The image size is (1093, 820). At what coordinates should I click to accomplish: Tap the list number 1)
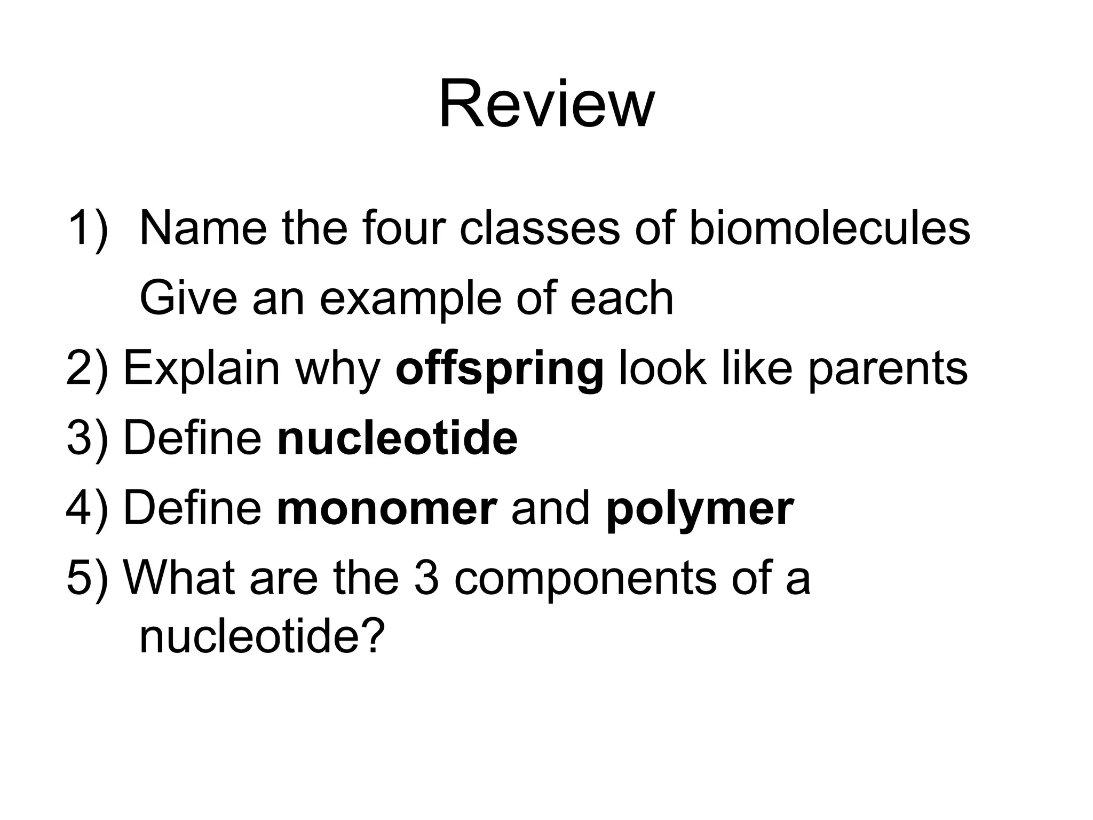[x=88, y=228]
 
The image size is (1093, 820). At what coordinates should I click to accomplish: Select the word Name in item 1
[x=203, y=228]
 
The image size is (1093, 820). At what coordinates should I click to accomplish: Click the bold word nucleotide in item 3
[x=397, y=438]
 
